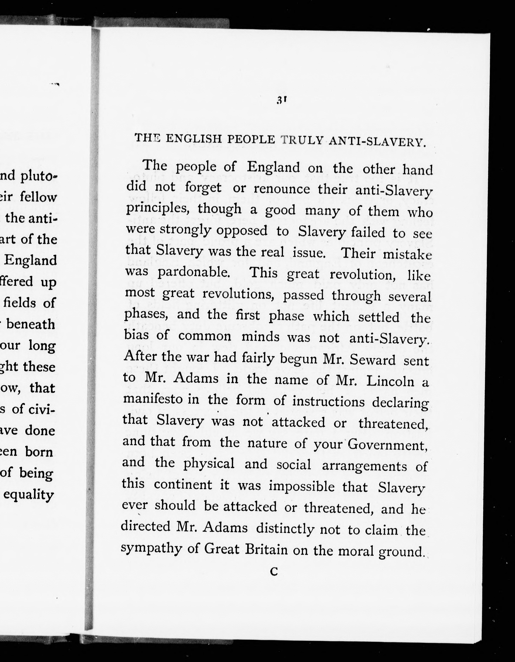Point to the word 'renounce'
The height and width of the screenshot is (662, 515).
pos(282,189)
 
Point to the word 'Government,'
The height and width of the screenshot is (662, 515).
pos(387,445)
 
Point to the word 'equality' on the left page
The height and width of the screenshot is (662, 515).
pos(29,495)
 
